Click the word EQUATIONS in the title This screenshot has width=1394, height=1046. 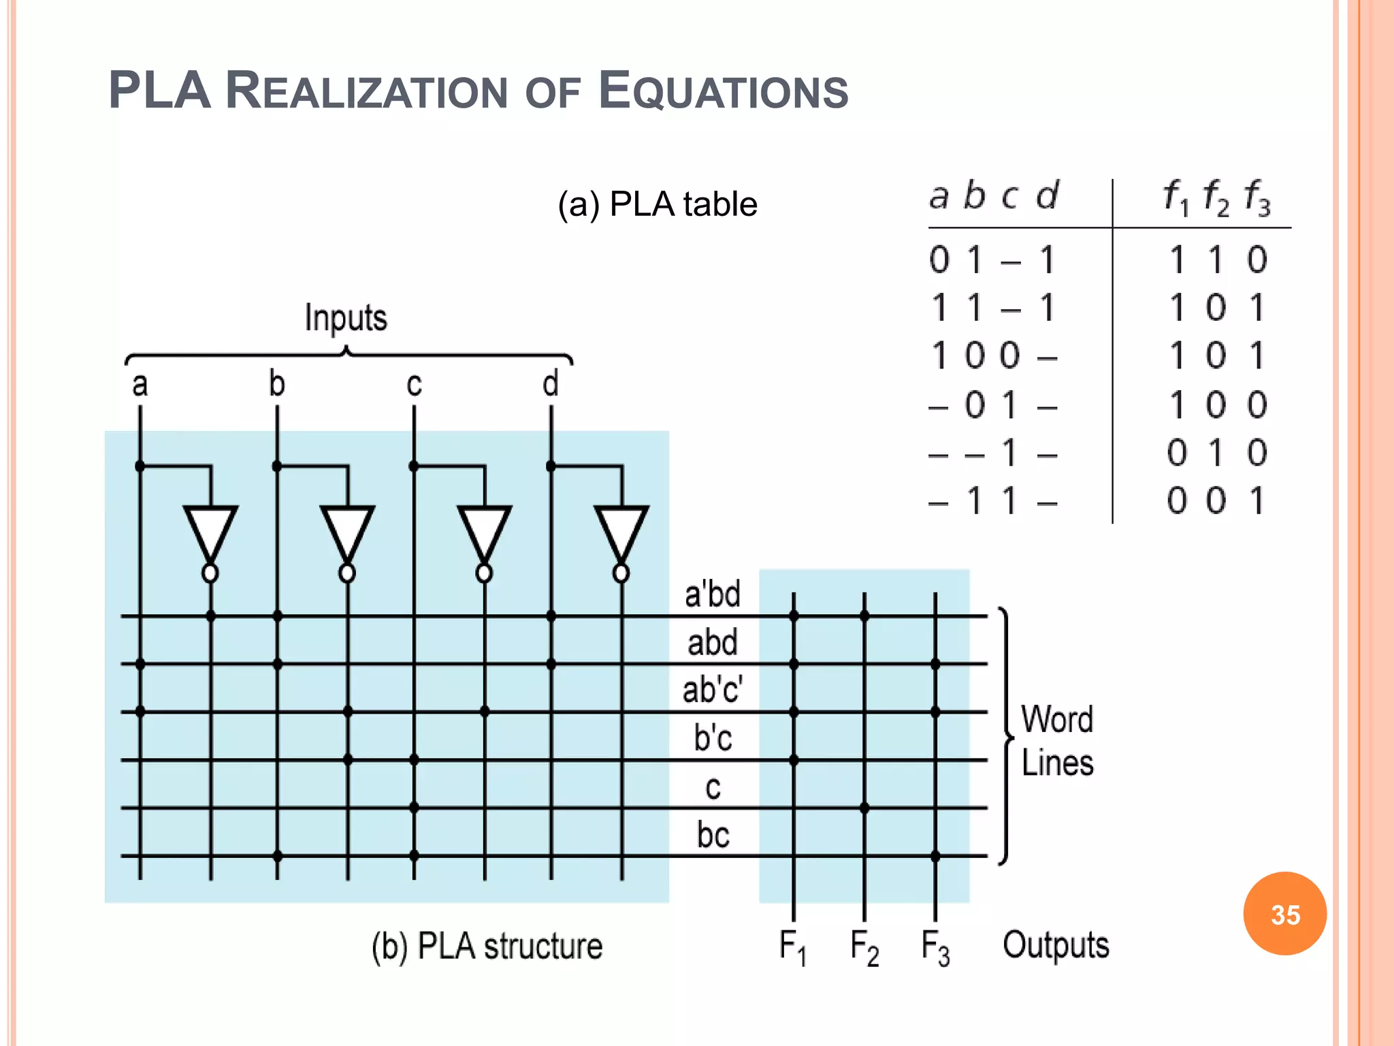tap(723, 91)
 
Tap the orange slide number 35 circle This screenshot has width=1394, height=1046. tap(1284, 914)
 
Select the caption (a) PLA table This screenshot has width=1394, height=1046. tap(657, 204)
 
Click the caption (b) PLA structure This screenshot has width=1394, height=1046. tap(487, 946)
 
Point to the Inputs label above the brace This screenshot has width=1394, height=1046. tap(346, 317)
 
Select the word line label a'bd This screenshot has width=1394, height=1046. tap(712, 594)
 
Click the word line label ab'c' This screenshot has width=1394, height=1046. tap(712, 689)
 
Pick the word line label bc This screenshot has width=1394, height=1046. tap(713, 834)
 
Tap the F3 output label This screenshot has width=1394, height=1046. tap(935, 947)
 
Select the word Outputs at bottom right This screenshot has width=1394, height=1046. tap(1056, 945)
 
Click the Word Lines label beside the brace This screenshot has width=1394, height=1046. tap(1057, 740)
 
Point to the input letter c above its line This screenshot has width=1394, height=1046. tap(414, 385)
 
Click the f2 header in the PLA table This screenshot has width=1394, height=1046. tap(1216, 197)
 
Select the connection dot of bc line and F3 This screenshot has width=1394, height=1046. tap(935, 856)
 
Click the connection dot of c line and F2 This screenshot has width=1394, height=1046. tap(864, 808)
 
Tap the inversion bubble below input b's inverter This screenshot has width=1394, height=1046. tap(347, 573)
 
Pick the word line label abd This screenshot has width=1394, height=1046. tap(712, 642)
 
